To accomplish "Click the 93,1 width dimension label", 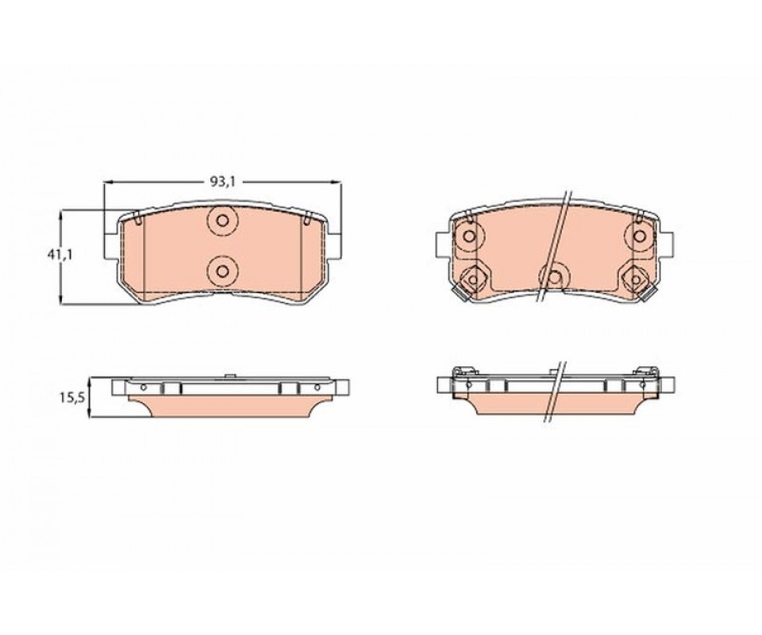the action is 222,182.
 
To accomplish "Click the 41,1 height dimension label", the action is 60,255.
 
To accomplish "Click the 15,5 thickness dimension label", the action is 72,398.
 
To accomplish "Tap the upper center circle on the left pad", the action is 222,221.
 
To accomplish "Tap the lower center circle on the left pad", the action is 222,271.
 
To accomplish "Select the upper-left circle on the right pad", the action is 469,237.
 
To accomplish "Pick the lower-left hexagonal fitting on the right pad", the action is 471,279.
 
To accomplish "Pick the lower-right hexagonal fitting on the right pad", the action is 636,279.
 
